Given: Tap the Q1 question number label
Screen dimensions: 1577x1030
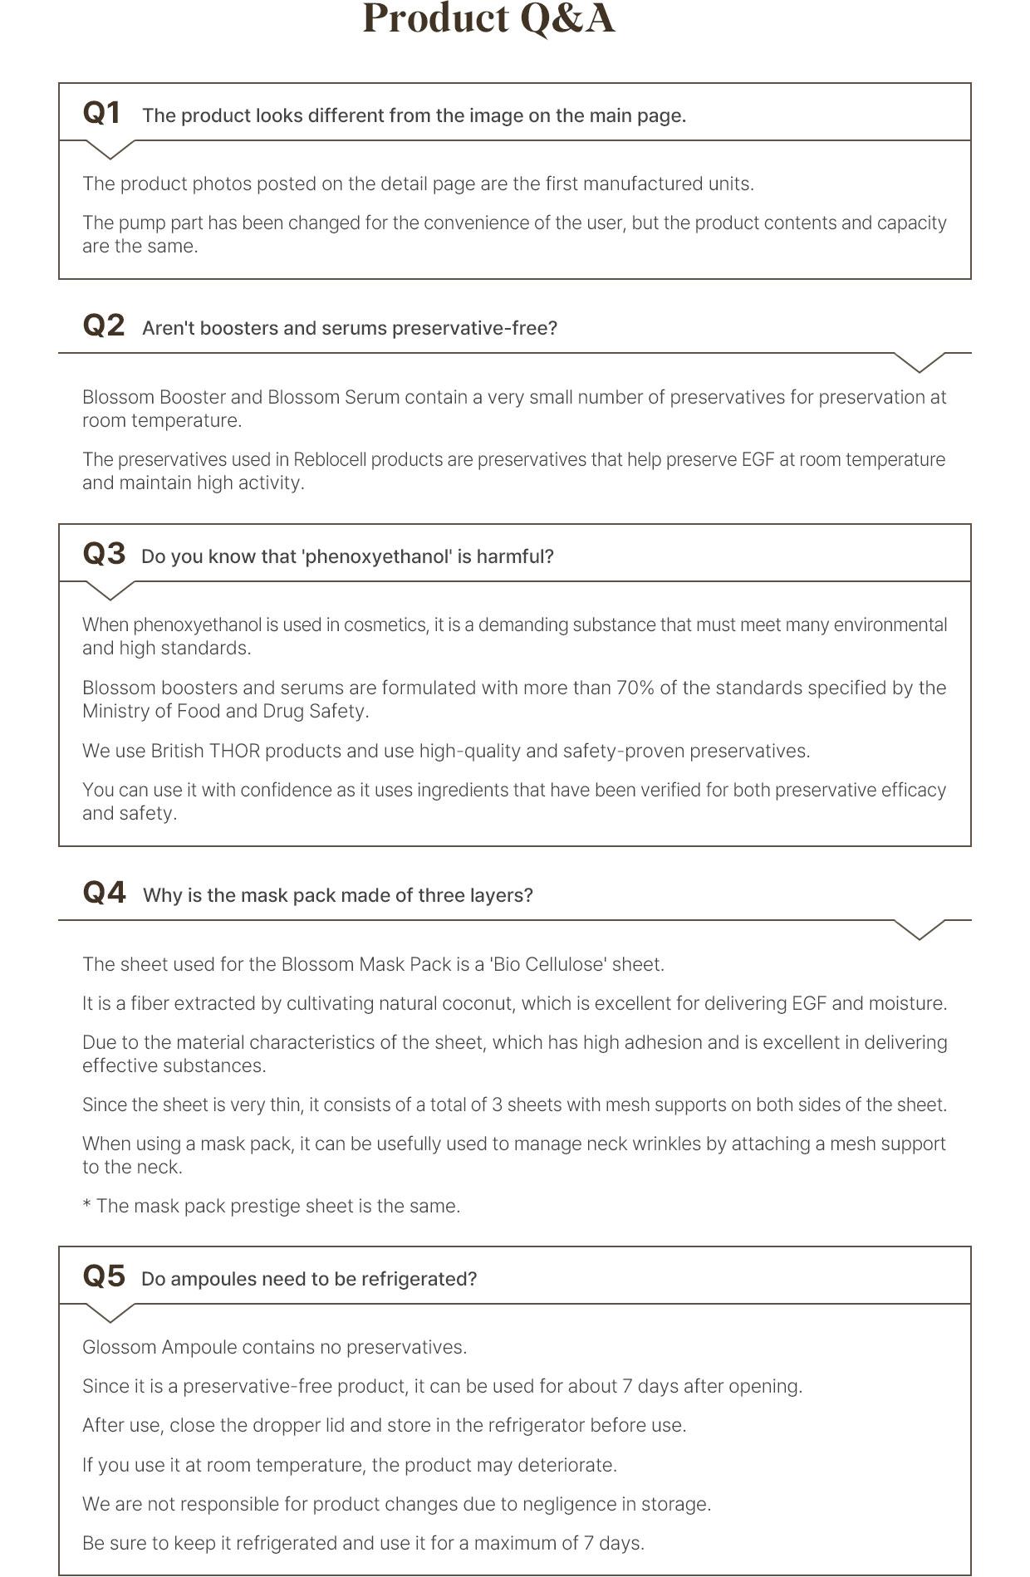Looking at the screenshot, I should (x=101, y=113).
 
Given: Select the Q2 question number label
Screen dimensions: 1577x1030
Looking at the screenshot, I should (x=104, y=326).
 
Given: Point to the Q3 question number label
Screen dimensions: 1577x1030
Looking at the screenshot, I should (x=104, y=554).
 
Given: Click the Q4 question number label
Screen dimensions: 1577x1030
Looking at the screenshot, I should (x=104, y=893).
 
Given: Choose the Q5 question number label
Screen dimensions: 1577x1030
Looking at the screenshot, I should (x=104, y=1276).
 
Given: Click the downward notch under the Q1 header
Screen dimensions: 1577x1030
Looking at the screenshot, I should (x=110, y=150).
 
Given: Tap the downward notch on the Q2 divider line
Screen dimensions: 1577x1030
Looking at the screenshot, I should (x=920, y=363).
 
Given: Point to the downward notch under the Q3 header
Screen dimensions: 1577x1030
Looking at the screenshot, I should (x=110, y=591).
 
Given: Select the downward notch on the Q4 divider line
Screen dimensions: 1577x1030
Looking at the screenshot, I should (x=920, y=930).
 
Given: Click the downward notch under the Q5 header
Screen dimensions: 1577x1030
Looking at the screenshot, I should (x=110, y=1314).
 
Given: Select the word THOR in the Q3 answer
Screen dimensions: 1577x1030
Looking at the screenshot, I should (x=234, y=751).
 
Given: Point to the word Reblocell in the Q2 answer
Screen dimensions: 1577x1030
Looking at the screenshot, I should (x=330, y=459).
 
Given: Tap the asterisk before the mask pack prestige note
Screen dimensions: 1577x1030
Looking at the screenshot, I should (x=86, y=1205).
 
